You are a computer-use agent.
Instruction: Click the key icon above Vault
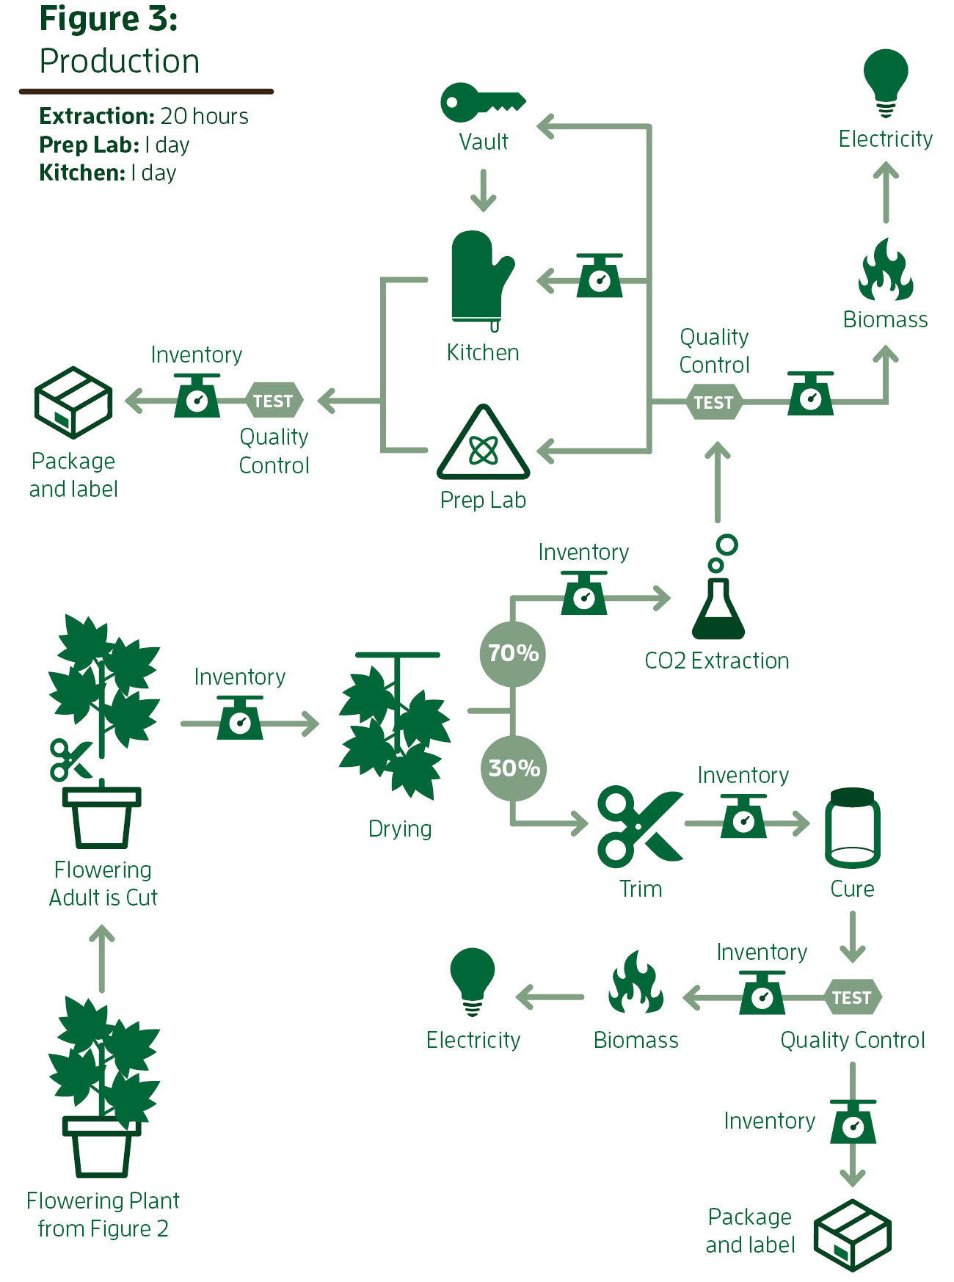pyautogui.click(x=481, y=102)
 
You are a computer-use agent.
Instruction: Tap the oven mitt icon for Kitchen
pyautogui.click(x=481, y=279)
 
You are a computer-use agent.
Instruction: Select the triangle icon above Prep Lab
pyautogui.click(x=483, y=444)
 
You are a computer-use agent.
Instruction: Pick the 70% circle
pyautogui.click(x=513, y=653)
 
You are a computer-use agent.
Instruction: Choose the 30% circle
pyautogui.click(x=514, y=768)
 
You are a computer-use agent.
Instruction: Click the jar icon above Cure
pyautogui.click(x=852, y=828)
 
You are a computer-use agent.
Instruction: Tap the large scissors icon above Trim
pyautogui.click(x=638, y=826)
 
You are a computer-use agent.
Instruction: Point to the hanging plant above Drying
pyautogui.click(x=396, y=726)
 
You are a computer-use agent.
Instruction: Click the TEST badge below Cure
pyautogui.click(x=852, y=997)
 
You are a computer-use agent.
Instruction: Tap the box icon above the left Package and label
pyautogui.click(x=73, y=402)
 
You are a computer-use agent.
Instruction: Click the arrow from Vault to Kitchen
pyautogui.click(x=483, y=191)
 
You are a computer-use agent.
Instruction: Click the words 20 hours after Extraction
pyautogui.click(x=204, y=116)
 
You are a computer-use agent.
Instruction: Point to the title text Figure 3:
pyautogui.click(x=109, y=19)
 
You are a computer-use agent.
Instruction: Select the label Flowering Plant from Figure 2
pyautogui.click(x=103, y=1214)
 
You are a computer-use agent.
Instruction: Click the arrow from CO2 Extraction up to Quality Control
pyautogui.click(x=718, y=481)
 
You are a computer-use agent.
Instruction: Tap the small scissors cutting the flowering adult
pyautogui.click(x=69, y=760)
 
